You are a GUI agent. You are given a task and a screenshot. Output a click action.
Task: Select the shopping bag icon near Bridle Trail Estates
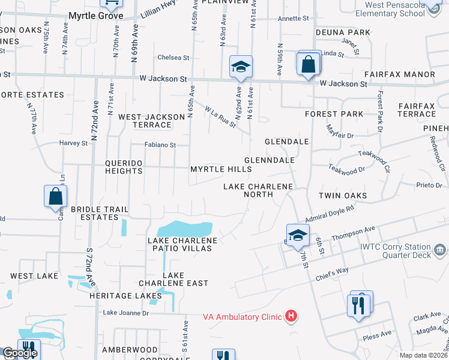pos(55,196)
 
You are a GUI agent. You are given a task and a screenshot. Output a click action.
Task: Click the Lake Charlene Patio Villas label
pos(182,244)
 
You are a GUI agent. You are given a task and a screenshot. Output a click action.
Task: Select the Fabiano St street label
pos(160,145)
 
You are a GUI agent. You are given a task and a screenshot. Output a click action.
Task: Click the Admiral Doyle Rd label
pos(330,213)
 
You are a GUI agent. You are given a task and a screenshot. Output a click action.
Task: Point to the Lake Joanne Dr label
pos(125,313)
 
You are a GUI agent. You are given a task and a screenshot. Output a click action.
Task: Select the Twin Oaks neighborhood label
pos(342,196)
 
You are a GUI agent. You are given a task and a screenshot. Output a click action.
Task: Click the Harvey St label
pos(73,143)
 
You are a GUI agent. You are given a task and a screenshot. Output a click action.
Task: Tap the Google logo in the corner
pos(20,353)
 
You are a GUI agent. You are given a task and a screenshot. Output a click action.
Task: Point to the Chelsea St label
pos(173,58)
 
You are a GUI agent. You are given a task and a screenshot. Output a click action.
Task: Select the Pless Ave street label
pos(377,337)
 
